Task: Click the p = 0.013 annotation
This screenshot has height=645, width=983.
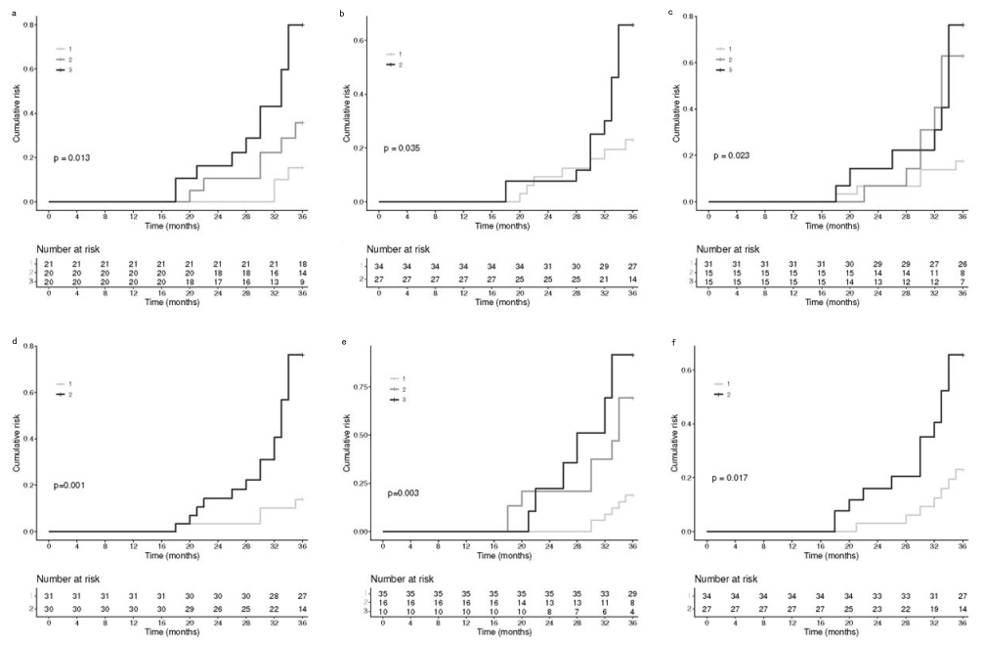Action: [x=74, y=157]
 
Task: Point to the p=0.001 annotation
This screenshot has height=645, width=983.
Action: [x=71, y=485]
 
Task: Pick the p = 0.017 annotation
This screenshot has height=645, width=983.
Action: [x=732, y=478]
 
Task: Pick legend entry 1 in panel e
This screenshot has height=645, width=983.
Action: [x=399, y=378]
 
